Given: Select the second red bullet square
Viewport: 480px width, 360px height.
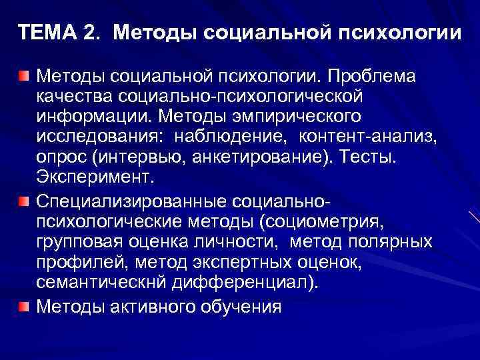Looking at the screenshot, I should [24, 201].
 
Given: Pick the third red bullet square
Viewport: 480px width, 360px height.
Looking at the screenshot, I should [24, 305].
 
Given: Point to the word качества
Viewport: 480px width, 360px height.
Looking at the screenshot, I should [75, 97].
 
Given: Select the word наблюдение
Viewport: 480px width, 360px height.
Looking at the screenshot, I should [215, 138].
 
